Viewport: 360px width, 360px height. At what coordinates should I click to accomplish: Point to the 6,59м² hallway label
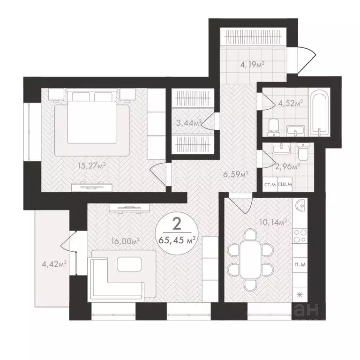tap(235, 174)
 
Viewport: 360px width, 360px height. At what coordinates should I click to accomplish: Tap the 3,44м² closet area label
tap(188, 123)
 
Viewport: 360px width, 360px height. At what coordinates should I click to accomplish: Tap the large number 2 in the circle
tap(177, 224)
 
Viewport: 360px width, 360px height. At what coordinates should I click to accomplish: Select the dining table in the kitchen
tap(250, 259)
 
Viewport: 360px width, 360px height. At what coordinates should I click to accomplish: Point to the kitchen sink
tap(300, 205)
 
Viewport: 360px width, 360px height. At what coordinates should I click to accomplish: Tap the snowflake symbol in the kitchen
tap(299, 294)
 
